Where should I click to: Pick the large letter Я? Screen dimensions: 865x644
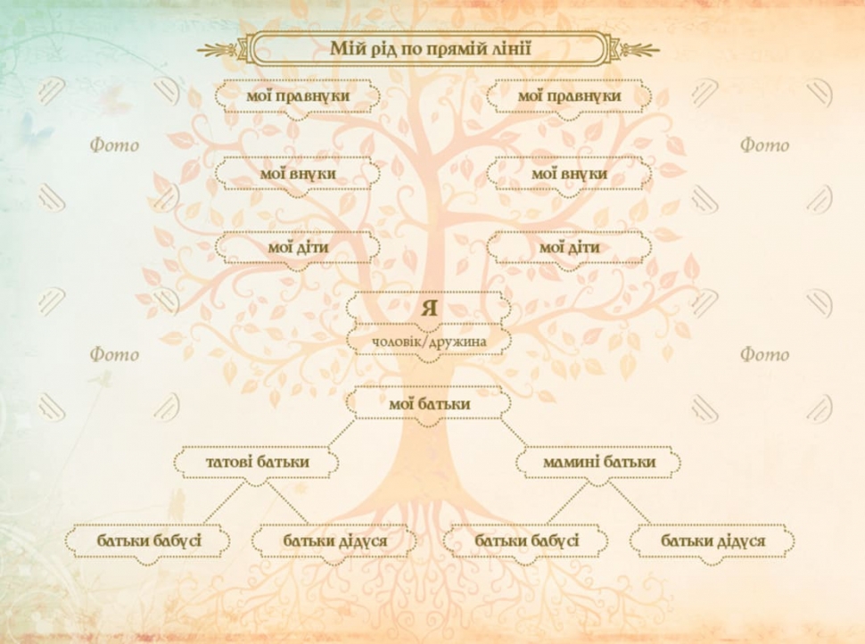coord(429,308)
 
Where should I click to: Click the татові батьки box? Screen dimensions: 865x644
coord(257,463)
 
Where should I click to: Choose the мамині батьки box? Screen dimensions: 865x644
coord(598,463)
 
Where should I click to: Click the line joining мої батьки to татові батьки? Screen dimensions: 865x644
coord(342,433)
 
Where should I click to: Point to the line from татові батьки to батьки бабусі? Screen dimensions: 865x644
coord(224,503)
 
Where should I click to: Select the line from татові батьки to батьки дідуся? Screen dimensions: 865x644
coord(288,503)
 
